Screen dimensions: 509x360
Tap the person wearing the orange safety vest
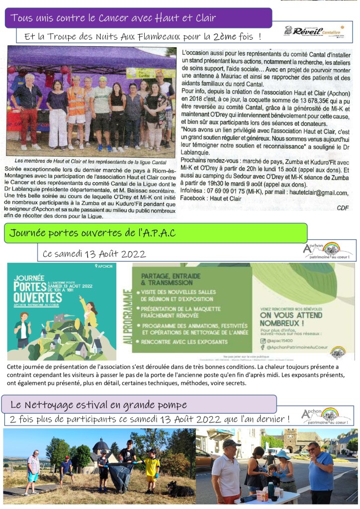coord(76,109)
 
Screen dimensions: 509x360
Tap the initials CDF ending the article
coord(343,207)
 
